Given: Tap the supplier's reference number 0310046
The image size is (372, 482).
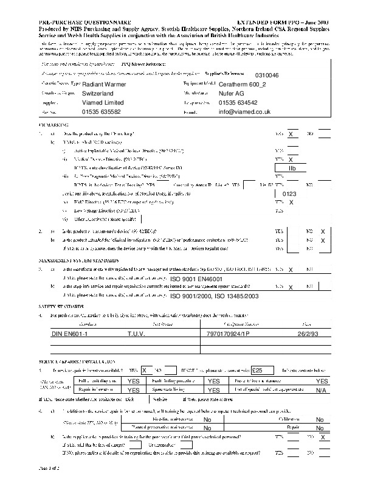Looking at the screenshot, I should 267,75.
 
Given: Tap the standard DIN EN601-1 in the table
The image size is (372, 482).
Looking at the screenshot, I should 71,334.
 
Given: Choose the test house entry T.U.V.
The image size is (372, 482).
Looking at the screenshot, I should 136,334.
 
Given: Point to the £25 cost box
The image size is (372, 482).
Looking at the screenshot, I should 258,369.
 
